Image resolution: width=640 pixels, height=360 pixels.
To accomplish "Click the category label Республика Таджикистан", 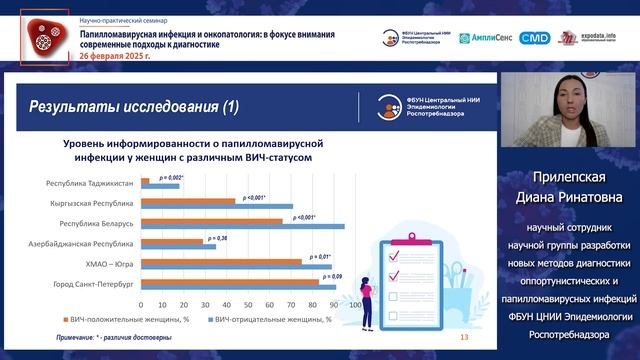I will (x=88, y=183).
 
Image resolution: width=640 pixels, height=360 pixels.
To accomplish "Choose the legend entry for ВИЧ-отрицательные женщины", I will (x=271, y=320).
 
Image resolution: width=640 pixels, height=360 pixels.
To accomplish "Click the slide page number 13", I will (x=463, y=337).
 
